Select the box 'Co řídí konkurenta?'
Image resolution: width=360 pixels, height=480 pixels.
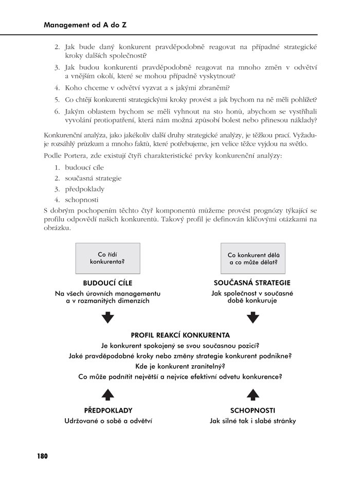click(107, 258)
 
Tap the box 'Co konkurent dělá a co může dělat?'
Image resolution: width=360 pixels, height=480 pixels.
click(253, 258)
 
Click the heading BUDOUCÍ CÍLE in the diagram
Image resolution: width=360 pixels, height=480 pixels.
click(107, 283)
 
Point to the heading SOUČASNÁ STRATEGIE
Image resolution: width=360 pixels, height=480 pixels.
click(252, 283)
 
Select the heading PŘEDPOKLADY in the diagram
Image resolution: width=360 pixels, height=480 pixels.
click(108, 411)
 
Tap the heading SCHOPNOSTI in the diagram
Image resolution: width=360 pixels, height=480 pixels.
click(253, 411)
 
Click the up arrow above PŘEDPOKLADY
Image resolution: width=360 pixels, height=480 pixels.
click(107, 394)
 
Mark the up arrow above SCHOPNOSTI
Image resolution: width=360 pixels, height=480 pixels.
click(253, 394)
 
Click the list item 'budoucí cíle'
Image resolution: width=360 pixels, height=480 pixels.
click(84, 168)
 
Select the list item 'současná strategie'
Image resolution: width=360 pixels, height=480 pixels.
click(93, 179)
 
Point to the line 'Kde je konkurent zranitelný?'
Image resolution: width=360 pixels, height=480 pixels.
click(179, 366)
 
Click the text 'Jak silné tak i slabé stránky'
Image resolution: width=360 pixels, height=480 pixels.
click(253, 421)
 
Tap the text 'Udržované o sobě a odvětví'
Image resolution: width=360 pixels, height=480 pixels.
click(108, 421)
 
